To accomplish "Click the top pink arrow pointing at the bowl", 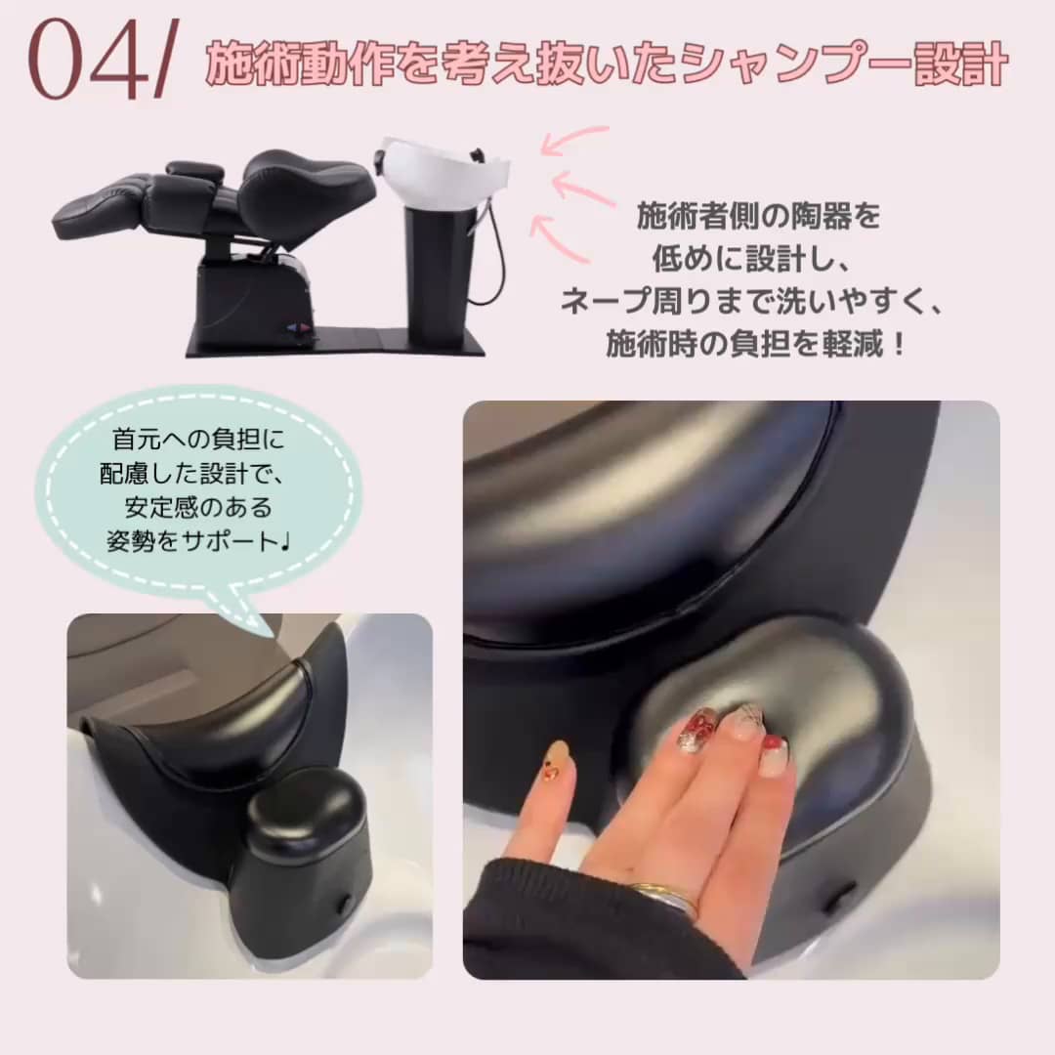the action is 574,140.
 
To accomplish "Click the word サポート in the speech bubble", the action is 229,541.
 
